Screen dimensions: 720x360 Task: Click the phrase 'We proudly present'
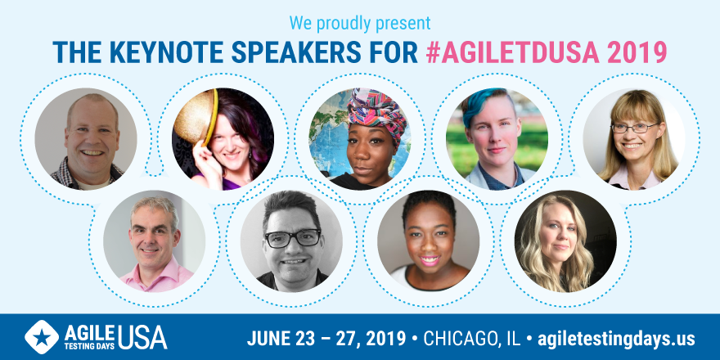[360, 23]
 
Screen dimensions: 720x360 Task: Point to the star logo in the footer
[42, 337]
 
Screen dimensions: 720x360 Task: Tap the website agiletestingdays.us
[616, 339]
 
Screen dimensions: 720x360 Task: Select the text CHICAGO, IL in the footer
[472, 339]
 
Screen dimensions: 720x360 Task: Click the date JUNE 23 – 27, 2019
[326, 339]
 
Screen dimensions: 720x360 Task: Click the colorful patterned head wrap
[376, 110]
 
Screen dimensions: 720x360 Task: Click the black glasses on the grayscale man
[293, 238]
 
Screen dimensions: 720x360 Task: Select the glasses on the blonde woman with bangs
[635, 127]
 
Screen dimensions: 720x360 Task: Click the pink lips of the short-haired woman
[429, 261]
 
